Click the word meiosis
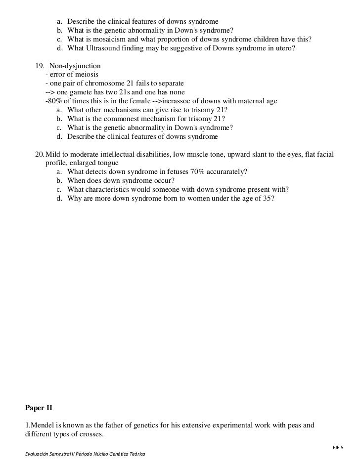point(84,75)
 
